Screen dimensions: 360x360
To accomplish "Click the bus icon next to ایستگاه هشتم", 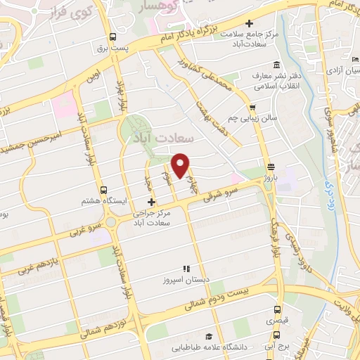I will (x=104, y=190).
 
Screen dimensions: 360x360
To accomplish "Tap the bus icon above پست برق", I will (x=112, y=38).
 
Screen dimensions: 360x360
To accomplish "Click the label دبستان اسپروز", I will (x=186, y=279).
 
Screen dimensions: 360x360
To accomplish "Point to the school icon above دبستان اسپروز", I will (x=186, y=268).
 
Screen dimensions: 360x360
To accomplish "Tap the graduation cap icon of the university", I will (x=207, y=335).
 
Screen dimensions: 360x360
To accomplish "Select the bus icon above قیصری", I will (x=276, y=309).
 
